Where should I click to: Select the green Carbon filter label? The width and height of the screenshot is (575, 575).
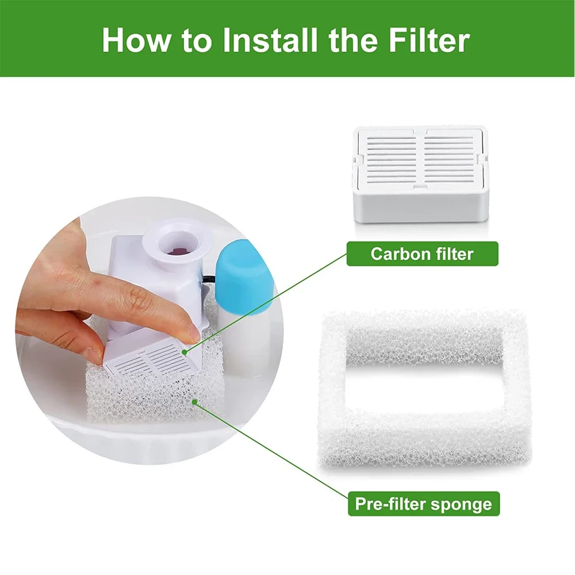click(x=422, y=254)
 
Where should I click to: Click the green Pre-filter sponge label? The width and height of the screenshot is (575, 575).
click(x=423, y=504)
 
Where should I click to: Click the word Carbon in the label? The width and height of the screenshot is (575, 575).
click(x=396, y=254)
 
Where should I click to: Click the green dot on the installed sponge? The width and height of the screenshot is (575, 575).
click(x=194, y=401)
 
